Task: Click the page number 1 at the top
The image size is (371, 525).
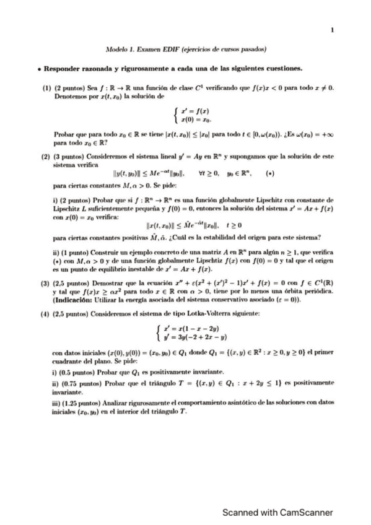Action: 333,29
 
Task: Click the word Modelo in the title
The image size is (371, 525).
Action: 116,49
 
